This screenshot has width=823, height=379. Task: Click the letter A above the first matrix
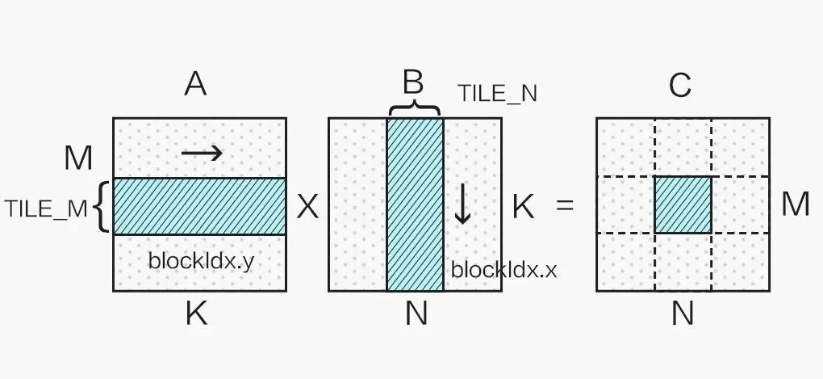tap(195, 83)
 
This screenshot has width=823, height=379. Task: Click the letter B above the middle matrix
tap(413, 82)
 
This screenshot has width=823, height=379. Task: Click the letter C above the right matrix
tap(680, 84)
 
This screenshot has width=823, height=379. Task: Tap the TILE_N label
tap(497, 94)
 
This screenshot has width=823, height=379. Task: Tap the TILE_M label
tap(46, 208)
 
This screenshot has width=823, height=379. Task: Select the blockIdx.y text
tap(201, 261)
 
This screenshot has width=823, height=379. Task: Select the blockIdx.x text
tap(503, 269)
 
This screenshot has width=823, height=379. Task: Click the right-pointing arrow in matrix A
tap(202, 152)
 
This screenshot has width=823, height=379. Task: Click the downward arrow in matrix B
tap(462, 205)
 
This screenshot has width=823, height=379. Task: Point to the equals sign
tap(565, 206)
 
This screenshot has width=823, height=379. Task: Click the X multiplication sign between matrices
tap(307, 208)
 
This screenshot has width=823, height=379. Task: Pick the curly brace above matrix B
tap(414, 108)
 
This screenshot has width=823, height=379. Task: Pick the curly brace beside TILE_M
tap(101, 207)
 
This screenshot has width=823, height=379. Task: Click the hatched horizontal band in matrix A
tap(199, 206)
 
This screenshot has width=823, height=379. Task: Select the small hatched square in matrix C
tap(683, 204)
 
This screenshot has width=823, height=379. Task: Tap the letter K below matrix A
tap(196, 314)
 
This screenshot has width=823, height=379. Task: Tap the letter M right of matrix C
tap(795, 204)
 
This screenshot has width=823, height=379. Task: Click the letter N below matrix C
tap(683, 314)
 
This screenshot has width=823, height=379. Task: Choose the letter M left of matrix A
tap(78, 158)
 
